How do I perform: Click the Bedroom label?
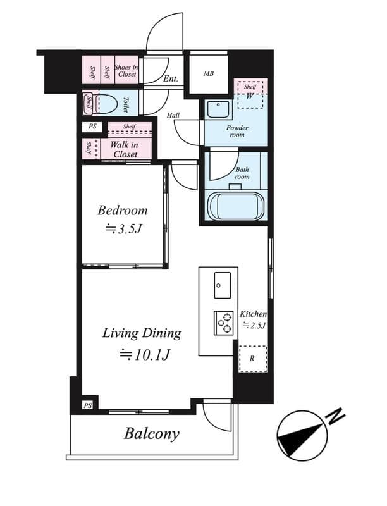tap(123, 211)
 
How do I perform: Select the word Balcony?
tap(151, 434)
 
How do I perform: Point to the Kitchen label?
tap(253, 314)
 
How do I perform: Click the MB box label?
tap(209, 74)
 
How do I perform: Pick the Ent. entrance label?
tap(171, 79)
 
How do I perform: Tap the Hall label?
tap(173, 116)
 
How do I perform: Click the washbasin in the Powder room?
tap(219, 109)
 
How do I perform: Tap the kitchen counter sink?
tap(222, 285)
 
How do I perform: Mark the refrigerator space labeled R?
tap(252, 359)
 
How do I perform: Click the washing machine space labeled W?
tap(250, 96)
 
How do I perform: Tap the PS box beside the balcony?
tap(87, 405)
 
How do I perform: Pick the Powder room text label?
tap(238, 131)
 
